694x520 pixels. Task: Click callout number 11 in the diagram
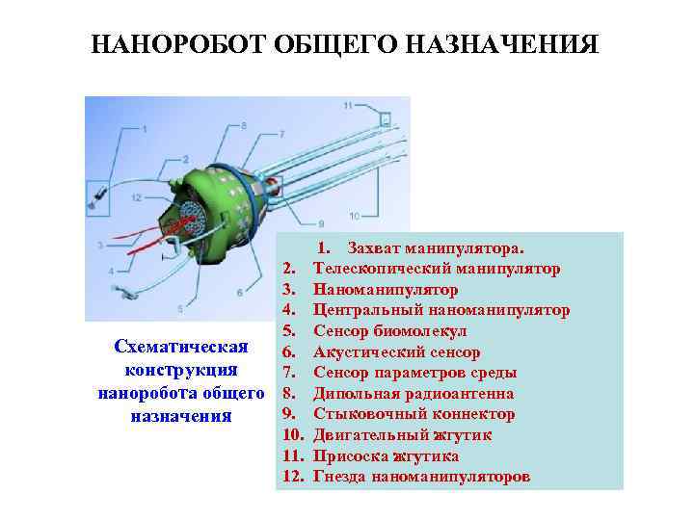[347, 103]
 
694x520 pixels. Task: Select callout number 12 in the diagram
[137, 196]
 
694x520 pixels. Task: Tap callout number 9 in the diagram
[320, 223]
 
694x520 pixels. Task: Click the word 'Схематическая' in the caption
[181, 347]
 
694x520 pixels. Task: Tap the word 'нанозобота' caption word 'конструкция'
[181, 371]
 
